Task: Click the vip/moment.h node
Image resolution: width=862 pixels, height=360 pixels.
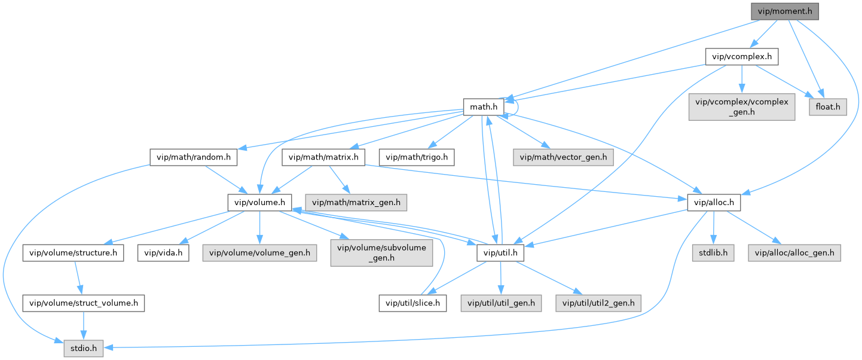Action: click(784, 11)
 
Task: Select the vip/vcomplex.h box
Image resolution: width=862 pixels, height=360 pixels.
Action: click(742, 57)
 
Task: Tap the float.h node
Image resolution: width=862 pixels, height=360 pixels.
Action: click(828, 107)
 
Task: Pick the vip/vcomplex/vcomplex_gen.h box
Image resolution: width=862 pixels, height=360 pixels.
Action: click(741, 107)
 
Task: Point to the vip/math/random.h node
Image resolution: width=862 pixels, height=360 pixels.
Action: click(194, 157)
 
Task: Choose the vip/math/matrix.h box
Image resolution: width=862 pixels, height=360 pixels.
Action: click(323, 157)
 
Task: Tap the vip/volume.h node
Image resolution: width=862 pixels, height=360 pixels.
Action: click(259, 203)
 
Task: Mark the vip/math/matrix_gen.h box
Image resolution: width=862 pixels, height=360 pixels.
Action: click(357, 203)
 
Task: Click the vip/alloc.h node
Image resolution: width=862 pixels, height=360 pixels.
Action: click(714, 203)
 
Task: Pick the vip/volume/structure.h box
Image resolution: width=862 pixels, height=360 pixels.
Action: click(74, 253)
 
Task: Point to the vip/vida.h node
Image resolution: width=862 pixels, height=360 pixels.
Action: click(163, 253)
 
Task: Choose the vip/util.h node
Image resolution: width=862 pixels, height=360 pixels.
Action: click(500, 253)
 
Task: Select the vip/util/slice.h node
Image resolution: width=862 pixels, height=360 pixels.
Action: click(412, 303)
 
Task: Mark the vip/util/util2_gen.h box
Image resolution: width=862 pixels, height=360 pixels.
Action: click(598, 303)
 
